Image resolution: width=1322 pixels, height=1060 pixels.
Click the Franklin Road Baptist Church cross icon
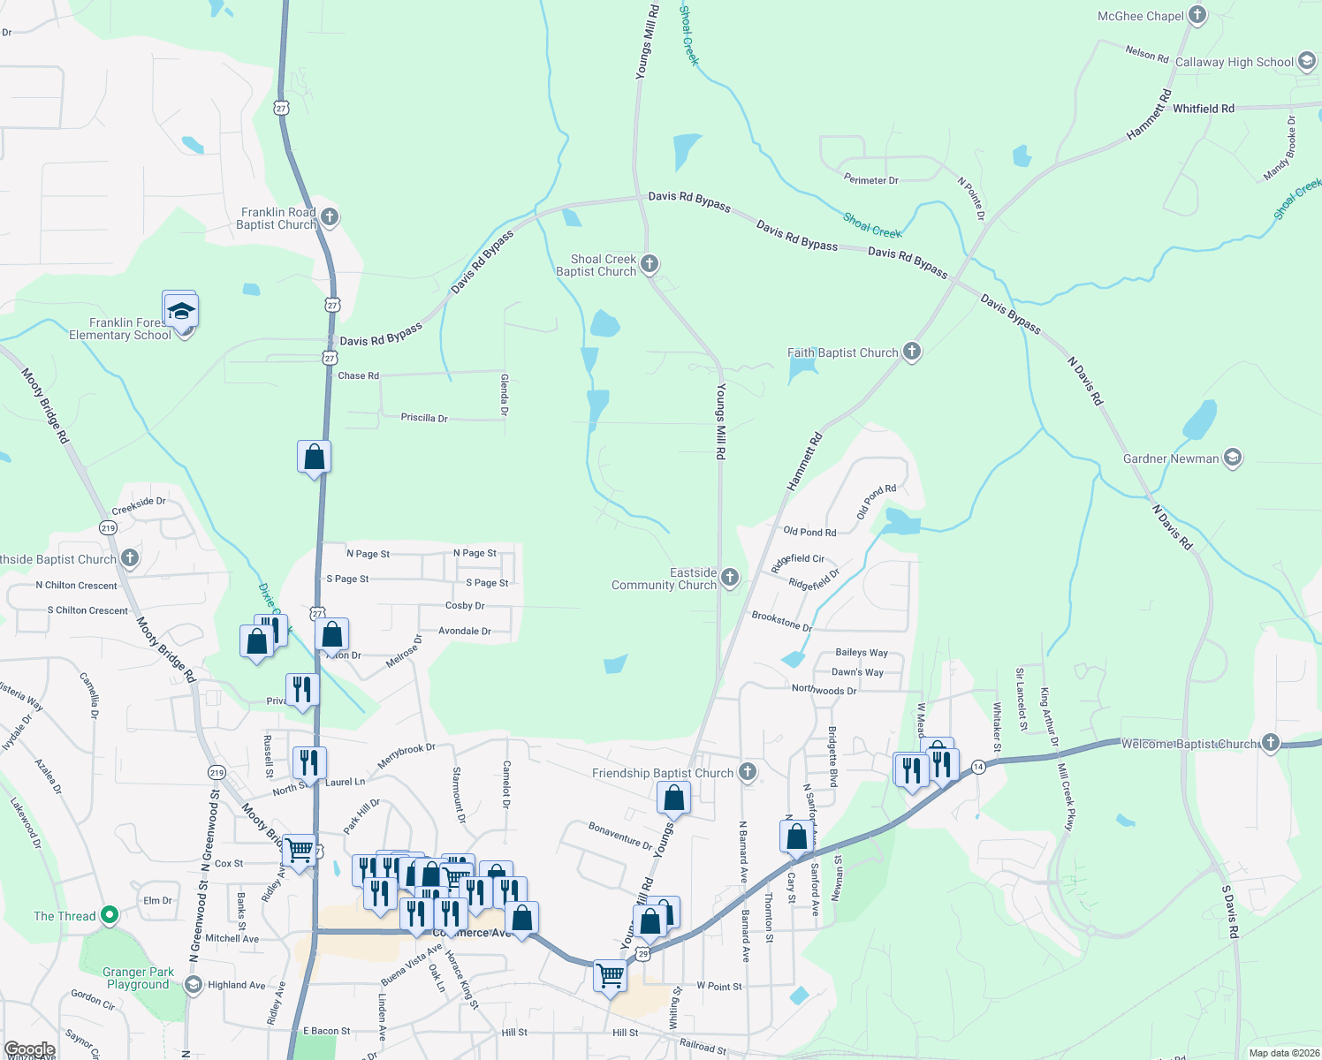click(x=330, y=216)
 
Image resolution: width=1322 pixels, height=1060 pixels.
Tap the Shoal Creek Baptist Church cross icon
click(x=650, y=263)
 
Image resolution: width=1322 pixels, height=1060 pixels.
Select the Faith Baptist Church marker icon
click(x=912, y=352)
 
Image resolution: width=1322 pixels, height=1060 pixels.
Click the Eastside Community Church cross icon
click(x=730, y=578)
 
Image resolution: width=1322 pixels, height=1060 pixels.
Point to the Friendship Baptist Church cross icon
click(x=748, y=772)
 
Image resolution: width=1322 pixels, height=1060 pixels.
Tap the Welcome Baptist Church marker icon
click(x=1271, y=742)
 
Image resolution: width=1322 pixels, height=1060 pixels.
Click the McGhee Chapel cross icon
click(x=1197, y=14)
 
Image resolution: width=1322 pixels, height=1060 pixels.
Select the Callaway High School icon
click(x=1307, y=61)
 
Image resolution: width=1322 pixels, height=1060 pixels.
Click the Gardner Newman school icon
click(x=1233, y=458)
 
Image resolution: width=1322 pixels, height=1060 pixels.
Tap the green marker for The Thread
click(x=110, y=914)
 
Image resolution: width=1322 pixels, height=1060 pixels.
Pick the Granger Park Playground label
click(x=138, y=978)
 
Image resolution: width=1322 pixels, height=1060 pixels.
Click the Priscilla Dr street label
click(x=424, y=418)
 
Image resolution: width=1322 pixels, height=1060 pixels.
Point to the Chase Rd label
click(x=358, y=375)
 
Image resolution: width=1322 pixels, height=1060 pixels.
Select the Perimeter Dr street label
click(x=870, y=180)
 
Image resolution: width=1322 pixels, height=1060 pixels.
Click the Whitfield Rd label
click(x=1204, y=109)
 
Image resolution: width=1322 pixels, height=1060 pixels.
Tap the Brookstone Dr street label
click(x=782, y=621)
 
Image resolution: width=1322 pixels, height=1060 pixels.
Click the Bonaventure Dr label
click(x=620, y=835)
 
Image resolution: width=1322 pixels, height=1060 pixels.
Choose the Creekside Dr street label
click(x=139, y=505)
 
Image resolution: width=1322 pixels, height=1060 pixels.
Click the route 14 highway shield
click(x=978, y=767)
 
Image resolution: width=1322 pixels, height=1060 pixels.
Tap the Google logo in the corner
click(x=29, y=1049)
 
